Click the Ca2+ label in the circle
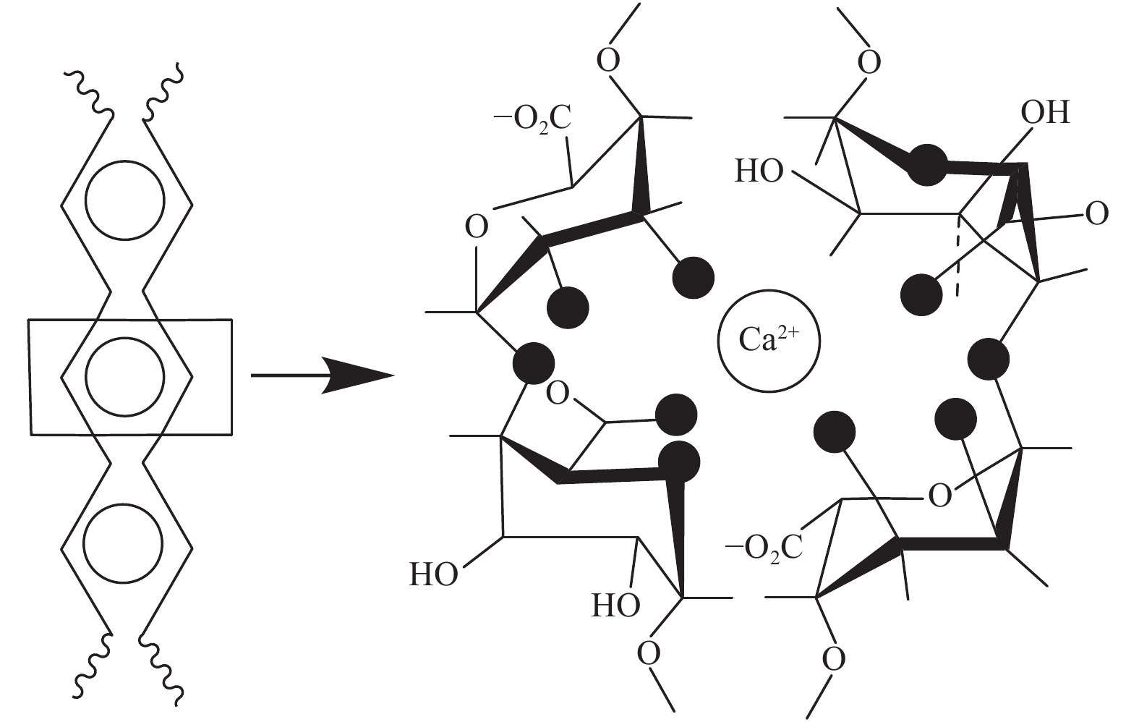coord(768,339)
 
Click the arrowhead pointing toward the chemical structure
coord(358,375)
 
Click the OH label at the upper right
coord(1044,113)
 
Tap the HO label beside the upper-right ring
coord(759,172)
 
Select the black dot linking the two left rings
coord(534,362)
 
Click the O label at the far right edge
coord(1097,214)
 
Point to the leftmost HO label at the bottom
coord(434,575)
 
